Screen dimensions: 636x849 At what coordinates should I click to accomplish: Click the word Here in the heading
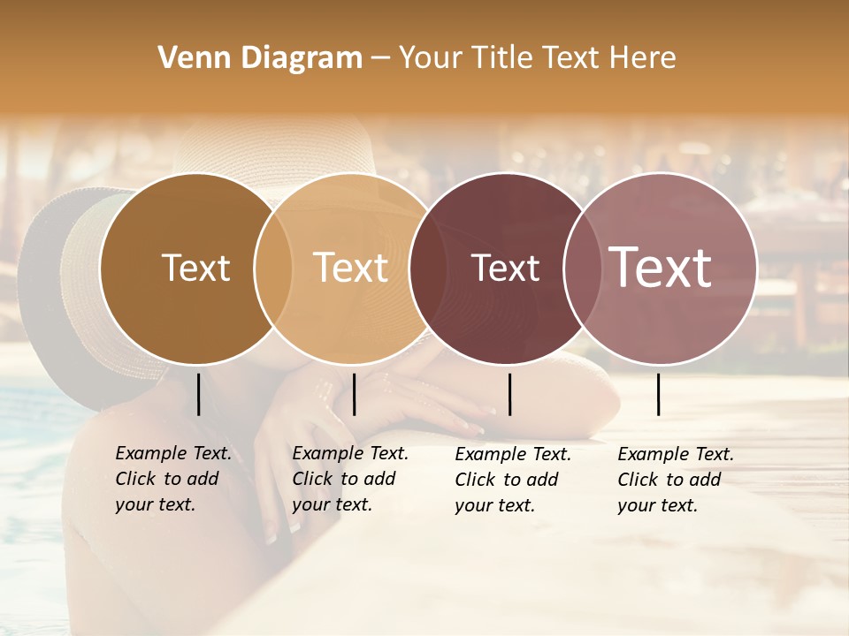[x=644, y=58]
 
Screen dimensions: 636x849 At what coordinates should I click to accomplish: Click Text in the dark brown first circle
[x=195, y=268]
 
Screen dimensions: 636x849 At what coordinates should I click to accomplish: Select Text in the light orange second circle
[x=351, y=268]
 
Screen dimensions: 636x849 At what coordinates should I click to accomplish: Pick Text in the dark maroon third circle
[x=505, y=268]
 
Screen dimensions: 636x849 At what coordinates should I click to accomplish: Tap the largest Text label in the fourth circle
[x=661, y=267]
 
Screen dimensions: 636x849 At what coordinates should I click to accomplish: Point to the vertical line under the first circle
[x=199, y=394]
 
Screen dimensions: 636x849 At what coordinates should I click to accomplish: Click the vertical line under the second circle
[x=355, y=394]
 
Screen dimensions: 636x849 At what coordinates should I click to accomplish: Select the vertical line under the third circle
[x=510, y=394]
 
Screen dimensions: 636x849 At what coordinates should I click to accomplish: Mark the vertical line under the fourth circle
[x=659, y=394]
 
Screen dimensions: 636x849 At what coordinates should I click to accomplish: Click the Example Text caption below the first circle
[x=173, y=479]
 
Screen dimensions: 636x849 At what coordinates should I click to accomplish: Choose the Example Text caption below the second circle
[x=350, y=479]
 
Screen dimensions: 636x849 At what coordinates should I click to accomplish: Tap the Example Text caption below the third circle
[x=513, y=480]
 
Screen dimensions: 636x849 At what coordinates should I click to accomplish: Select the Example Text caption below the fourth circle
[x=676, y=480]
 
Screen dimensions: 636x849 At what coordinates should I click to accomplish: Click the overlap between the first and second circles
[x=273, y=268]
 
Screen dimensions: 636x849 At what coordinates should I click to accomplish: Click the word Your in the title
[x=430, y=58]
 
